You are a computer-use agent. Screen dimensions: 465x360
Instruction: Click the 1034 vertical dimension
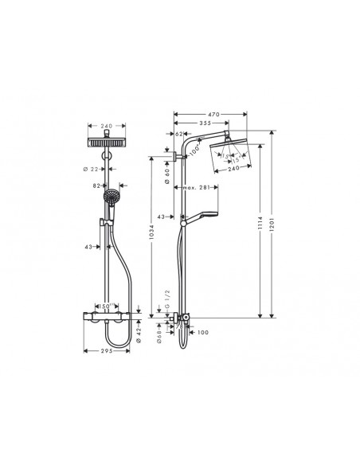pyautogui.click(x=151, y=236)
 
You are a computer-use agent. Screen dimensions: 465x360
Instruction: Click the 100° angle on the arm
pyautogui.click(x=196, y=150)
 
